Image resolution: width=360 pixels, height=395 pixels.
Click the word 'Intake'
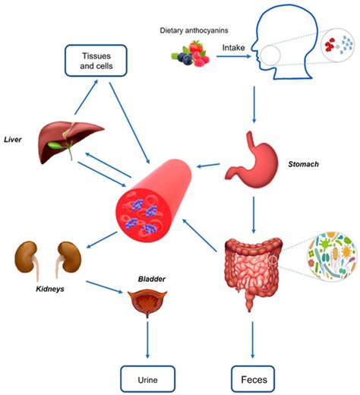tap(233, 47)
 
